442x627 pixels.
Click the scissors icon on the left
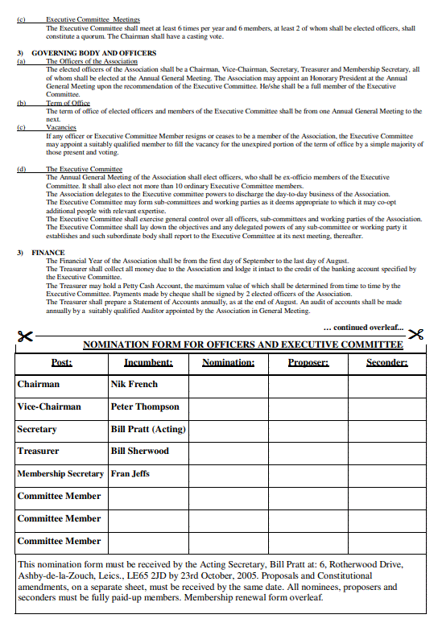pyautogui.click(x=25, y=336)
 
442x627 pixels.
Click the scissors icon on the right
pyautogui.click(x=415, y=335)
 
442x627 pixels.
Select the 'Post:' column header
pyautogui.click(x=61, y=362)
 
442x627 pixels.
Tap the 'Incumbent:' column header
pyautogui.click(x=148, y=362)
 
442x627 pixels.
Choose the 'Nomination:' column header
pyautogui.click(x=228, y=362)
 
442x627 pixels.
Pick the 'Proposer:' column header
pyautogui.click(x=308, y=362)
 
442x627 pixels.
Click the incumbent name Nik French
pyautogui.click(x=134, y=384)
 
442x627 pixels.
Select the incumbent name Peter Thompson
pyautogui.click(x=145, y=406)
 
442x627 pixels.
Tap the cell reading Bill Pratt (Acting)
pyautogui.click(x=148, y=429)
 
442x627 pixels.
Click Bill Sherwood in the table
pyautogui.click(x=140, y=451)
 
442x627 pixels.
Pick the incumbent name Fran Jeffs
pyautogui.click(x=131, y=473)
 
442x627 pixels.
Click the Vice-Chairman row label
pyautogui.click(x=49, y=406)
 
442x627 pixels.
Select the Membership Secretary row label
pyautogui.click(x=60, y=473)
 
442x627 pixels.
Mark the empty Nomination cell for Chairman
pyautogui.click(x=228, y=384)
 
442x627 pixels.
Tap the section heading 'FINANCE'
pyautogui.click(x=48, y=252)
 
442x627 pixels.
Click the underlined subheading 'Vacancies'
pyautogui.click(x=61, y=127)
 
